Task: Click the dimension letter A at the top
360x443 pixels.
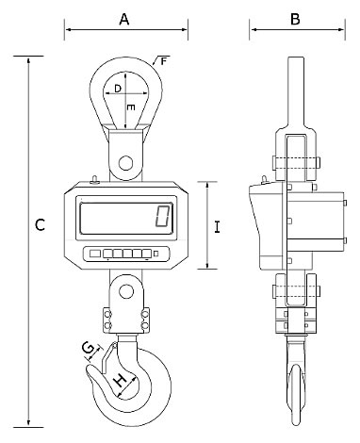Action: pyautogui.click(x=124, y=20)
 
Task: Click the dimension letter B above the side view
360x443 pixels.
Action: pyautogui.click(x=295, y=19)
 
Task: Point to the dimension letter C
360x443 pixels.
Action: pyautogui.click(x=40, y=225)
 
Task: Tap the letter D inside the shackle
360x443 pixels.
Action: pyautogui.click(x=118, y=89)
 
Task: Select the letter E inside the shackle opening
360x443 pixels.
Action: pyautogui.click(x=131, y=107)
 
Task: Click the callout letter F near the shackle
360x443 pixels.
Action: pyautogui.click(x=163, y=61)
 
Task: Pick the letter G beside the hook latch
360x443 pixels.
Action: pyautogui.click(x=88, y=348)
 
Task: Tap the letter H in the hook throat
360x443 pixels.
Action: pyautogui.click(x=120, y=381)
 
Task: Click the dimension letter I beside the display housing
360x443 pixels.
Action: pyautogui.click(x=217, y=227)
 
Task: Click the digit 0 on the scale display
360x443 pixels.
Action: pyautogui.click(x=163, y=216)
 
